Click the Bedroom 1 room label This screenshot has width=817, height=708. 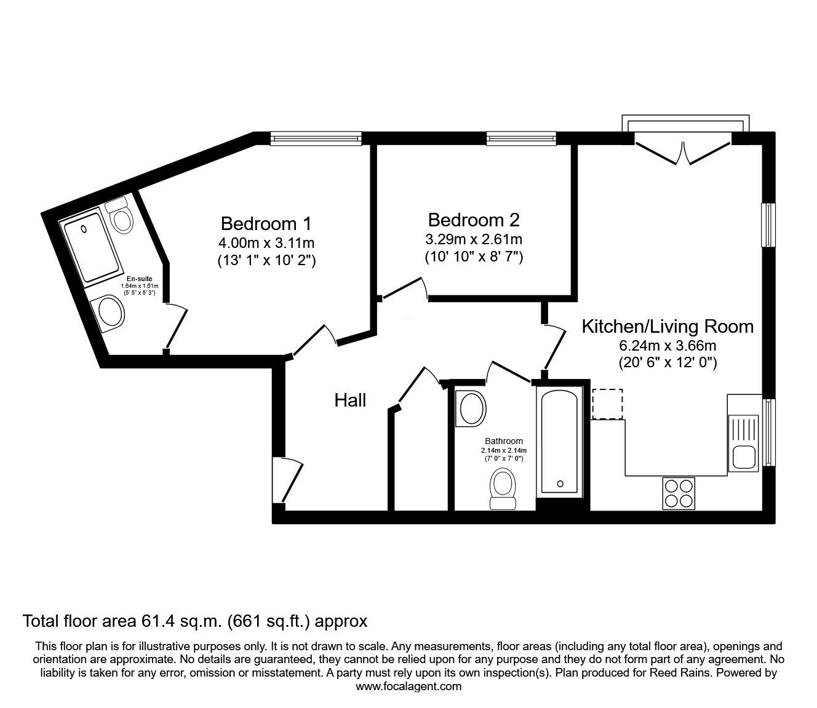pyautogui.click(x=266, y=224)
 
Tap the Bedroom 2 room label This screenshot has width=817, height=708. pyautogui.click(x=474, y=220)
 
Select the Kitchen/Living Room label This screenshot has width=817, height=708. pyautogui.click(x=668, y=327)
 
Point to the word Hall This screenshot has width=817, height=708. pyautogui.click(x=350, y=400)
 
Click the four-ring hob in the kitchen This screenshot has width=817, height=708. pyautogui.click(x=679, y=493)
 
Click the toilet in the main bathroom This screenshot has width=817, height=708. pyautogui.click(x=503, y=489)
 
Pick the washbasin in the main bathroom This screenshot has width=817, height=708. pyautogui.click(x=471, y=409)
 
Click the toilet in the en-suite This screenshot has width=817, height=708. pyautogui.click(x=119, y=215)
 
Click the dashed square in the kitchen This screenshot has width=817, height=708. pyautogui.click(x=607, y=404)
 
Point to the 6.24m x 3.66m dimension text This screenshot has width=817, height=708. pyautogui.click(x=668, y=346)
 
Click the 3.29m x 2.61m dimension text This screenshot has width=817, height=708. pyautogui.click(x=474, y=239)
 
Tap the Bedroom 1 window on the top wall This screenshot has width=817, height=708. pyautogui.click(x=316, y=138)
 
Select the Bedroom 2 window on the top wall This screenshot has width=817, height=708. pyautogui.click(x=521, y=138)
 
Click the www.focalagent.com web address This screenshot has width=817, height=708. pyautogui.click(x=408, y=686)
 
